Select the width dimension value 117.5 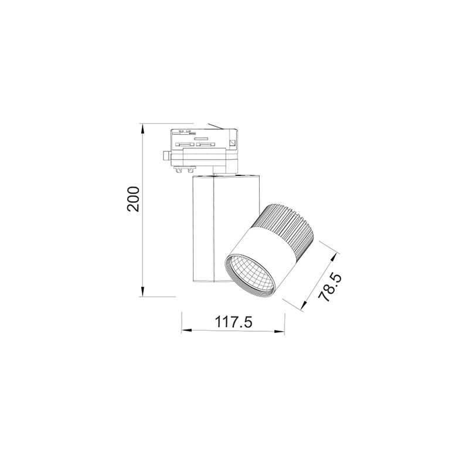click(x=233, y=322)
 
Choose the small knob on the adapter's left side click(x=166, y=155)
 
